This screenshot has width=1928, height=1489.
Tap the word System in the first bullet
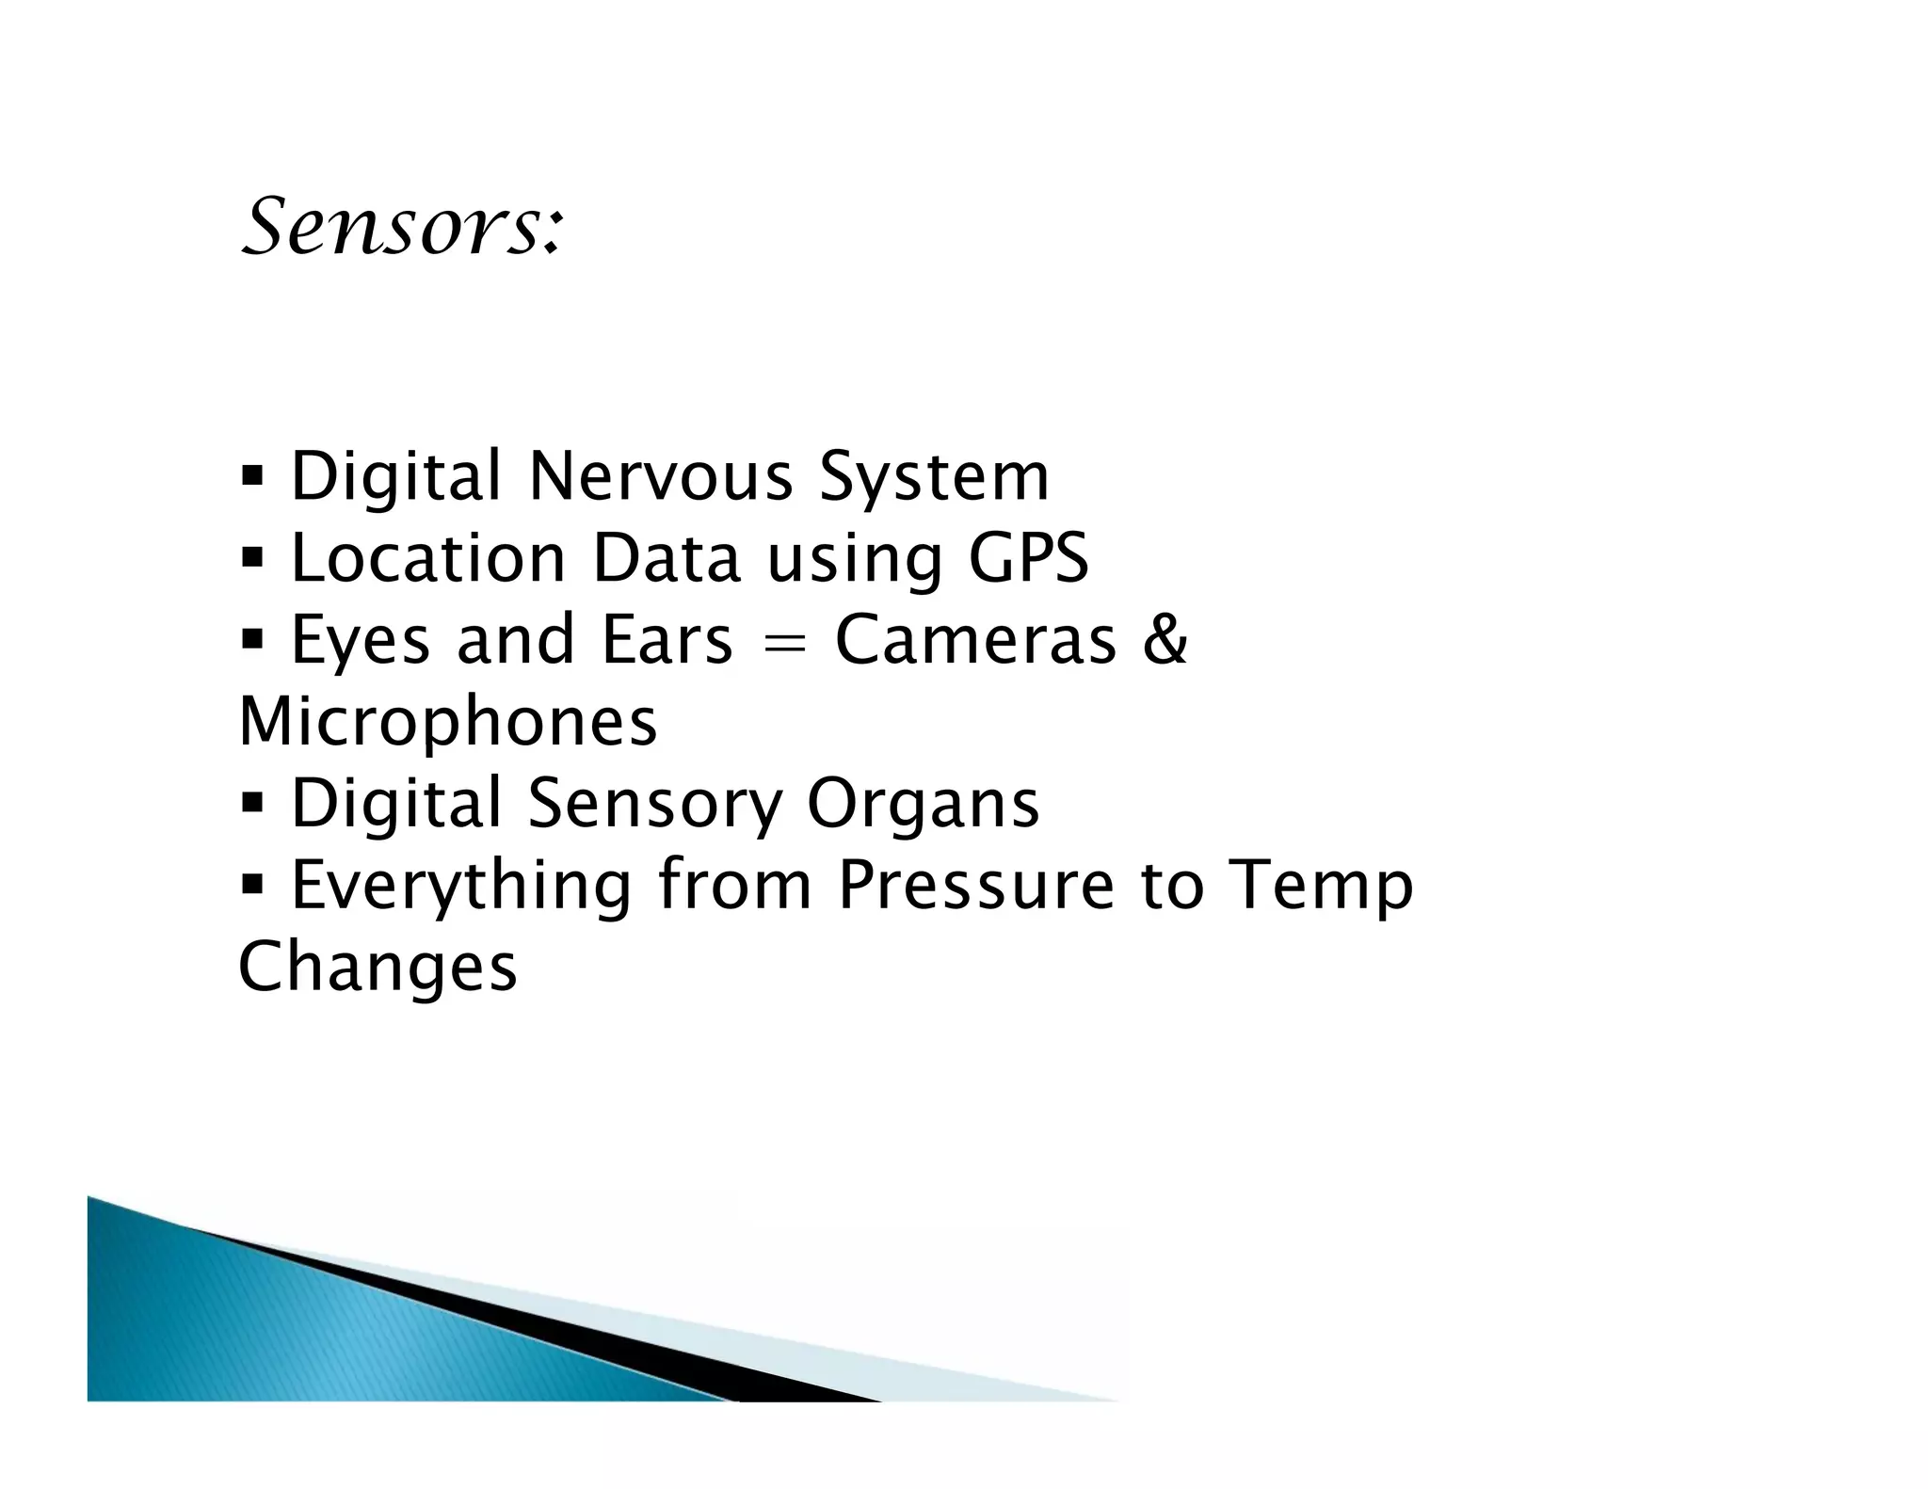[x=933, y=478]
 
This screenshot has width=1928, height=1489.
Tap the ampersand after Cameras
[x=1166, y=640]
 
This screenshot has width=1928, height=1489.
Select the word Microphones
[x=448, y=723]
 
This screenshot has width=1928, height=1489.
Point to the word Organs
[x=923, y=806]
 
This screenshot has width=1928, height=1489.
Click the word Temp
[x=1322, y=887]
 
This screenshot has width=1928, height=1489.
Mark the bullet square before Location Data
[x=252, y=558]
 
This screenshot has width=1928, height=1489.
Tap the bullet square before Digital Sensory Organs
[x=252, y=805]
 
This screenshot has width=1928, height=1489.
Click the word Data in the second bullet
[x=666, y=558]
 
